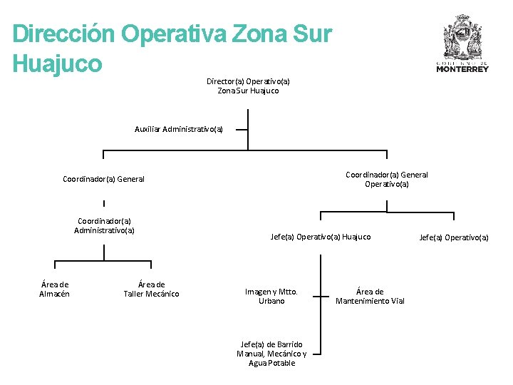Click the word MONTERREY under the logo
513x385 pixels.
coord(462,69)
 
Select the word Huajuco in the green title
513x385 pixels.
coord(58,63)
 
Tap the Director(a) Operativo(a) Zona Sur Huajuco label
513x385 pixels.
coord(248,86)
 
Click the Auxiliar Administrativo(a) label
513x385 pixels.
coord(179,129)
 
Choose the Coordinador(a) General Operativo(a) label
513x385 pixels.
coord(386,179)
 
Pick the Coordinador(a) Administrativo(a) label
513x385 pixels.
coord(104,225)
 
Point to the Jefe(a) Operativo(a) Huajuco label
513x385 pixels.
coord(321,237)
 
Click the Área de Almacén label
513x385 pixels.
coord(54,289)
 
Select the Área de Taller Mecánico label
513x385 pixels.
coord(151,289)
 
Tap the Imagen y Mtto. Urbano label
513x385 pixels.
coord(271,296)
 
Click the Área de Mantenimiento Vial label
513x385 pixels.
coord(370,296)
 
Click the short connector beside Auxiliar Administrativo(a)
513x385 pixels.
coord(242,130)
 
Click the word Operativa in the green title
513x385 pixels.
coord(177,34)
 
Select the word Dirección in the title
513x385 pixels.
coord(63,34)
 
